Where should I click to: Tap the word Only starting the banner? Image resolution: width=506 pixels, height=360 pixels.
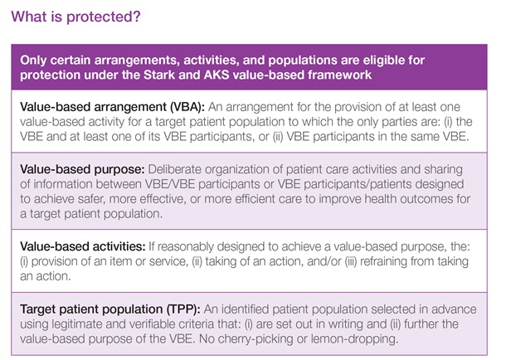tap(43, 59)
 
